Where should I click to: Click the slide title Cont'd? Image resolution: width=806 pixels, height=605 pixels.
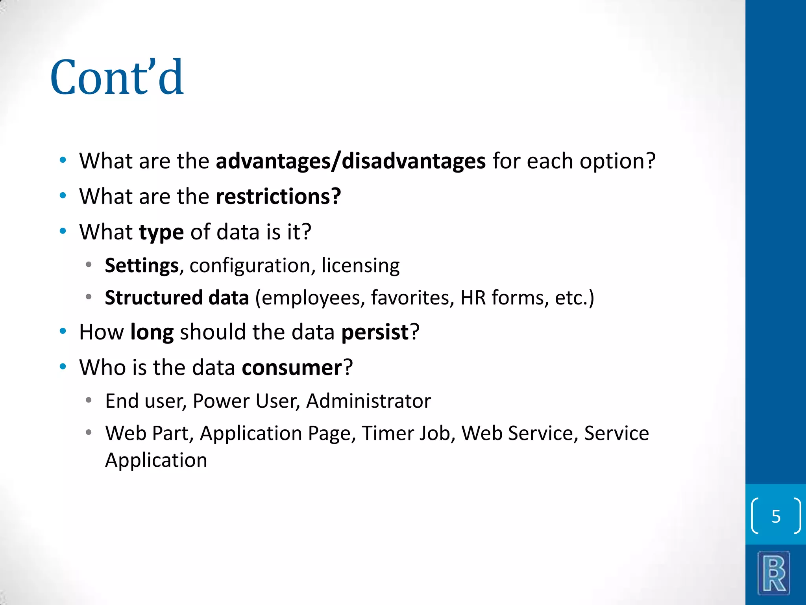point(117,78)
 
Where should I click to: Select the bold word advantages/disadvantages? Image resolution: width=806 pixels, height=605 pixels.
point(351,161)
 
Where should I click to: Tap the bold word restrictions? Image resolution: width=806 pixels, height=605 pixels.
point(279,197)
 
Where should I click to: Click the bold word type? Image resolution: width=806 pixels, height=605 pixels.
point(161,232)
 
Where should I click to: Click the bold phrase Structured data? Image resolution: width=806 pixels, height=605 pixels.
point(177,298)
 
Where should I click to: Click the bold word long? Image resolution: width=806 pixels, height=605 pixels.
point(152,332)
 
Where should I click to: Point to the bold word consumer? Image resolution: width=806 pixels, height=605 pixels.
point(292,368)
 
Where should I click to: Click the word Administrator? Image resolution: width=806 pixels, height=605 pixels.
point(368,401)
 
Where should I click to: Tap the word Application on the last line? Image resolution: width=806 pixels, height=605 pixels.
point(156,460)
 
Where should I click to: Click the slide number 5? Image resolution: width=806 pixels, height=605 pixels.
point(776,516)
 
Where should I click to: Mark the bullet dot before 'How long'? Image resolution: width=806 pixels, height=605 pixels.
point(63,332)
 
